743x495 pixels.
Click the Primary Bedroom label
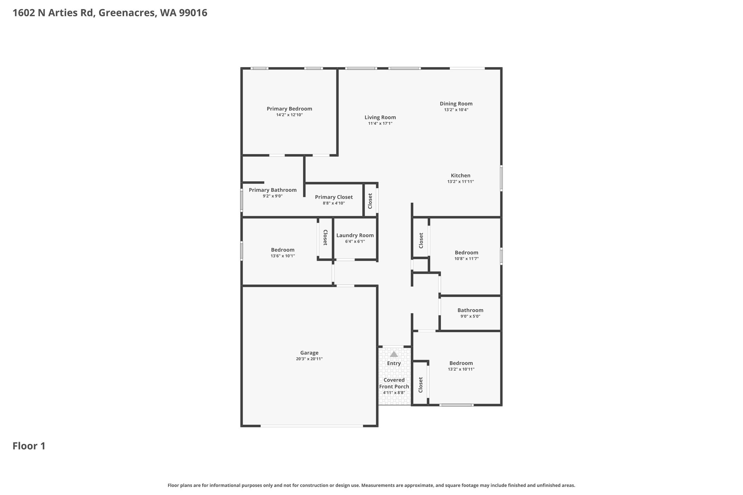point(289,109)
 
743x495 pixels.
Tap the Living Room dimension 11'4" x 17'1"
point(380,123)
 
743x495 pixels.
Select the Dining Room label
point(456,104)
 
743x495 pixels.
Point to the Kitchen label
point(460,176)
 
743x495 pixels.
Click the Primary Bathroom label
point(272,190)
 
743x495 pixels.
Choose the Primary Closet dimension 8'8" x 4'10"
point(334,203)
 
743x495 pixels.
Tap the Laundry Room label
point(355,235)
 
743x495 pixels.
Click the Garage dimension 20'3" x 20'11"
point(309,359)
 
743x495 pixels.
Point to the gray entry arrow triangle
point(394,354)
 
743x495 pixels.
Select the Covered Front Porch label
point(394,383)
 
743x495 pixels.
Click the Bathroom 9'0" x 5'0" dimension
point(470,316)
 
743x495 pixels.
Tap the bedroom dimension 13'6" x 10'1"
point(283,256)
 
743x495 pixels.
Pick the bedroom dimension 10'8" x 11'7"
point(467,259)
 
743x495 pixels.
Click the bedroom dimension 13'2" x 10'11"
point(461,369)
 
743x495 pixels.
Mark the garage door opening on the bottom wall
point(312,426)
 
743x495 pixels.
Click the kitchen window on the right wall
point(501,178)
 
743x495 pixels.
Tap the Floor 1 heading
point(29,446)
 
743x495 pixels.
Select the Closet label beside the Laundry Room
point(325,238)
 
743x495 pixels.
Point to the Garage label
point(309,353)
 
